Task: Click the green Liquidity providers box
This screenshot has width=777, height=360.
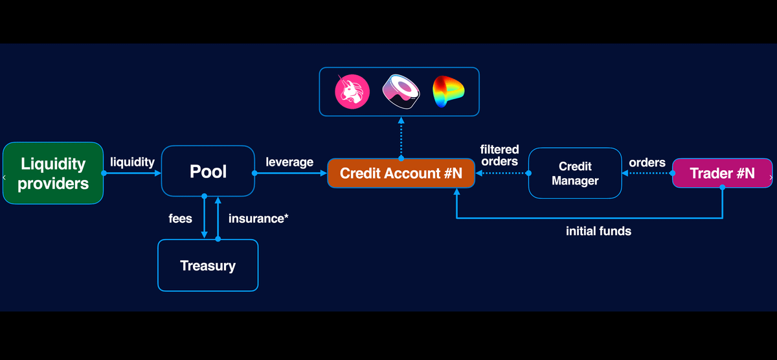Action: coord(53,174)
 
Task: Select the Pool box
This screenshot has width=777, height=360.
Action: coord(208,172)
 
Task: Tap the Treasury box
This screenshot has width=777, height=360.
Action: coord(208,265)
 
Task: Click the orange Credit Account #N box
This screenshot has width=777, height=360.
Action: coord(401,174)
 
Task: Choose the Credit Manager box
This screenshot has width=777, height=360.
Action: coord(575,174)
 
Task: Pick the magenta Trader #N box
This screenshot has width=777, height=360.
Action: coord(722,174)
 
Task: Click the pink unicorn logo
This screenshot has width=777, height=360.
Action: coord(352,91)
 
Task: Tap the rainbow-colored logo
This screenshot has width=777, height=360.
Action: coord(449,91)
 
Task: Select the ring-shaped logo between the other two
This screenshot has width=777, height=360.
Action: coord(401,91)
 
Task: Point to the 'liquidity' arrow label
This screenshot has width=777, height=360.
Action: coord(132,162)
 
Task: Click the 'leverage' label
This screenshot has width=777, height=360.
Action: coord(289,162)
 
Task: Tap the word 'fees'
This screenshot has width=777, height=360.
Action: coord(180,218)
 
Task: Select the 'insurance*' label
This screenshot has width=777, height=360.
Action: coord(258,218)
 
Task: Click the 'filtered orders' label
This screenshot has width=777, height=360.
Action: coord(499,155)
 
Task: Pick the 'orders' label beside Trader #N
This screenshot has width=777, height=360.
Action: coord(647,162)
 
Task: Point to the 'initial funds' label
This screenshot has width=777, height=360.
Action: coord(598,231)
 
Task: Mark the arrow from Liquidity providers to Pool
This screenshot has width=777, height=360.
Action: coord(132,174)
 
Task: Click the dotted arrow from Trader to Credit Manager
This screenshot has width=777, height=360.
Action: coord(647,174)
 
